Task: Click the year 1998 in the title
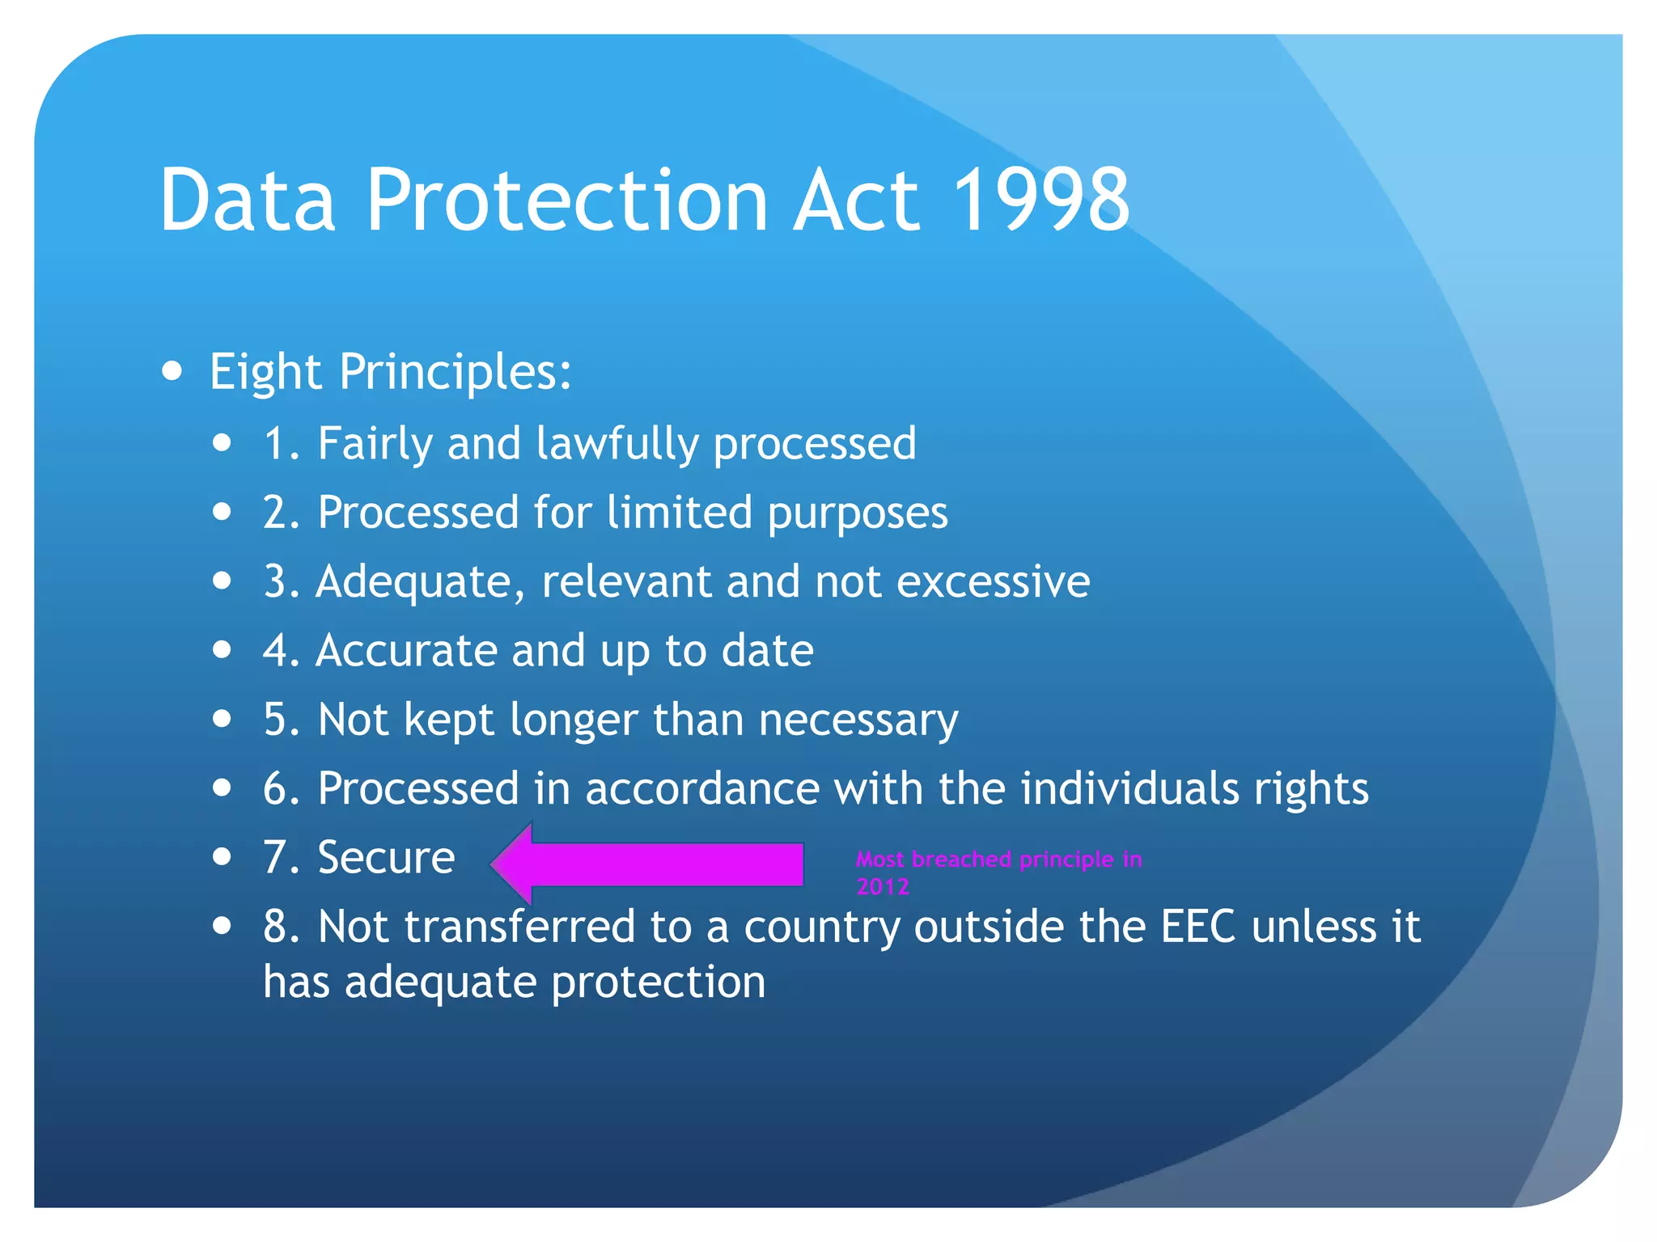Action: pyautogui.click(x=1040, y=200)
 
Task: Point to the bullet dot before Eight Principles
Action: pyautogui.click(x=172, y=371)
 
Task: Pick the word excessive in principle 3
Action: pyautogui.click(x=993, y=582)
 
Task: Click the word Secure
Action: pyautogui.click(x=386, y=858)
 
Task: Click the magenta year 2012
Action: pyautogui.click(x=883, y=887)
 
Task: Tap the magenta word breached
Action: pyautogui.click(x=961, y=859)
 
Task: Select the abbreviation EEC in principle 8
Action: pyautogui.click(x=1197, y=927)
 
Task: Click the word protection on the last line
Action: pyautogui.click(x=658, y=982)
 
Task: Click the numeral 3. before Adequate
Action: pyautogui.click(x=281, y=582)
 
